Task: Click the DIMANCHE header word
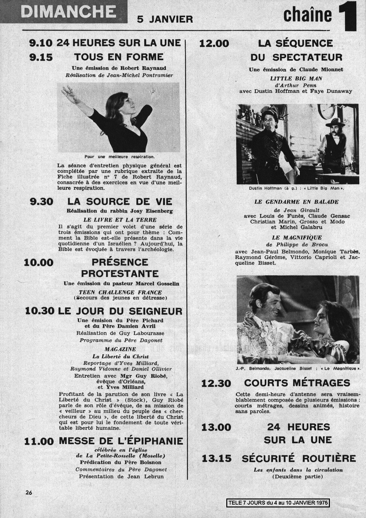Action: [x=68, y=12]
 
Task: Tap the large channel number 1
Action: [x=347, y=16]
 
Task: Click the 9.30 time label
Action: [x=41, y=202]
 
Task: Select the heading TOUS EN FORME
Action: [x=119, y=57]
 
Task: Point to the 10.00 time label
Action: [x=39, y=263]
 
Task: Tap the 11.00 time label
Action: [x=39, y=442]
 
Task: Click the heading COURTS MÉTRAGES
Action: [x=297, y=383]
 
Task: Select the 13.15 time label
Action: [x=216, y=459]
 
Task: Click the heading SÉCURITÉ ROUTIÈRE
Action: [x=299, y=459]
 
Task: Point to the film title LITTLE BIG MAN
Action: [x=296, y=78]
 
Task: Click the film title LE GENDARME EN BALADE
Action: [x=296, y=202]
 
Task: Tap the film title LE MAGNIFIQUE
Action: [x=297, y=238]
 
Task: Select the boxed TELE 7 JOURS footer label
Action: [x=278, y=503]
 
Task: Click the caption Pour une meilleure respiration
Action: [x=120, y=157]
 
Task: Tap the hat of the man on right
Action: [x=335, y=122]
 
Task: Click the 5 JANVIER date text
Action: [x=165, y=20]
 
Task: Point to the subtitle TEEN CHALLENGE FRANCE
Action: [x=120, y=292]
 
